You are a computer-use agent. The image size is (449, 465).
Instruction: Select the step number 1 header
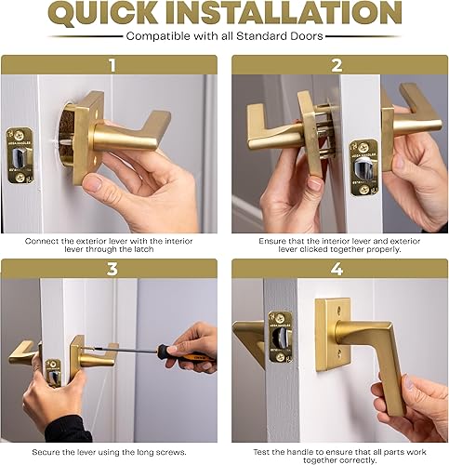[112, 65]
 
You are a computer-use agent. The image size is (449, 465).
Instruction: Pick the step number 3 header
[112, 269]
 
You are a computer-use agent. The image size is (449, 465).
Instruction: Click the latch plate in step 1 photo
[19, 154]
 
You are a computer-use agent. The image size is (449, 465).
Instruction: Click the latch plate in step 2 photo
[363, 167]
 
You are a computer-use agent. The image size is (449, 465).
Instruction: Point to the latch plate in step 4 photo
[282, 336]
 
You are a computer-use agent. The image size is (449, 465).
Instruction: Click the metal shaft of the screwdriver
[121, 351]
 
